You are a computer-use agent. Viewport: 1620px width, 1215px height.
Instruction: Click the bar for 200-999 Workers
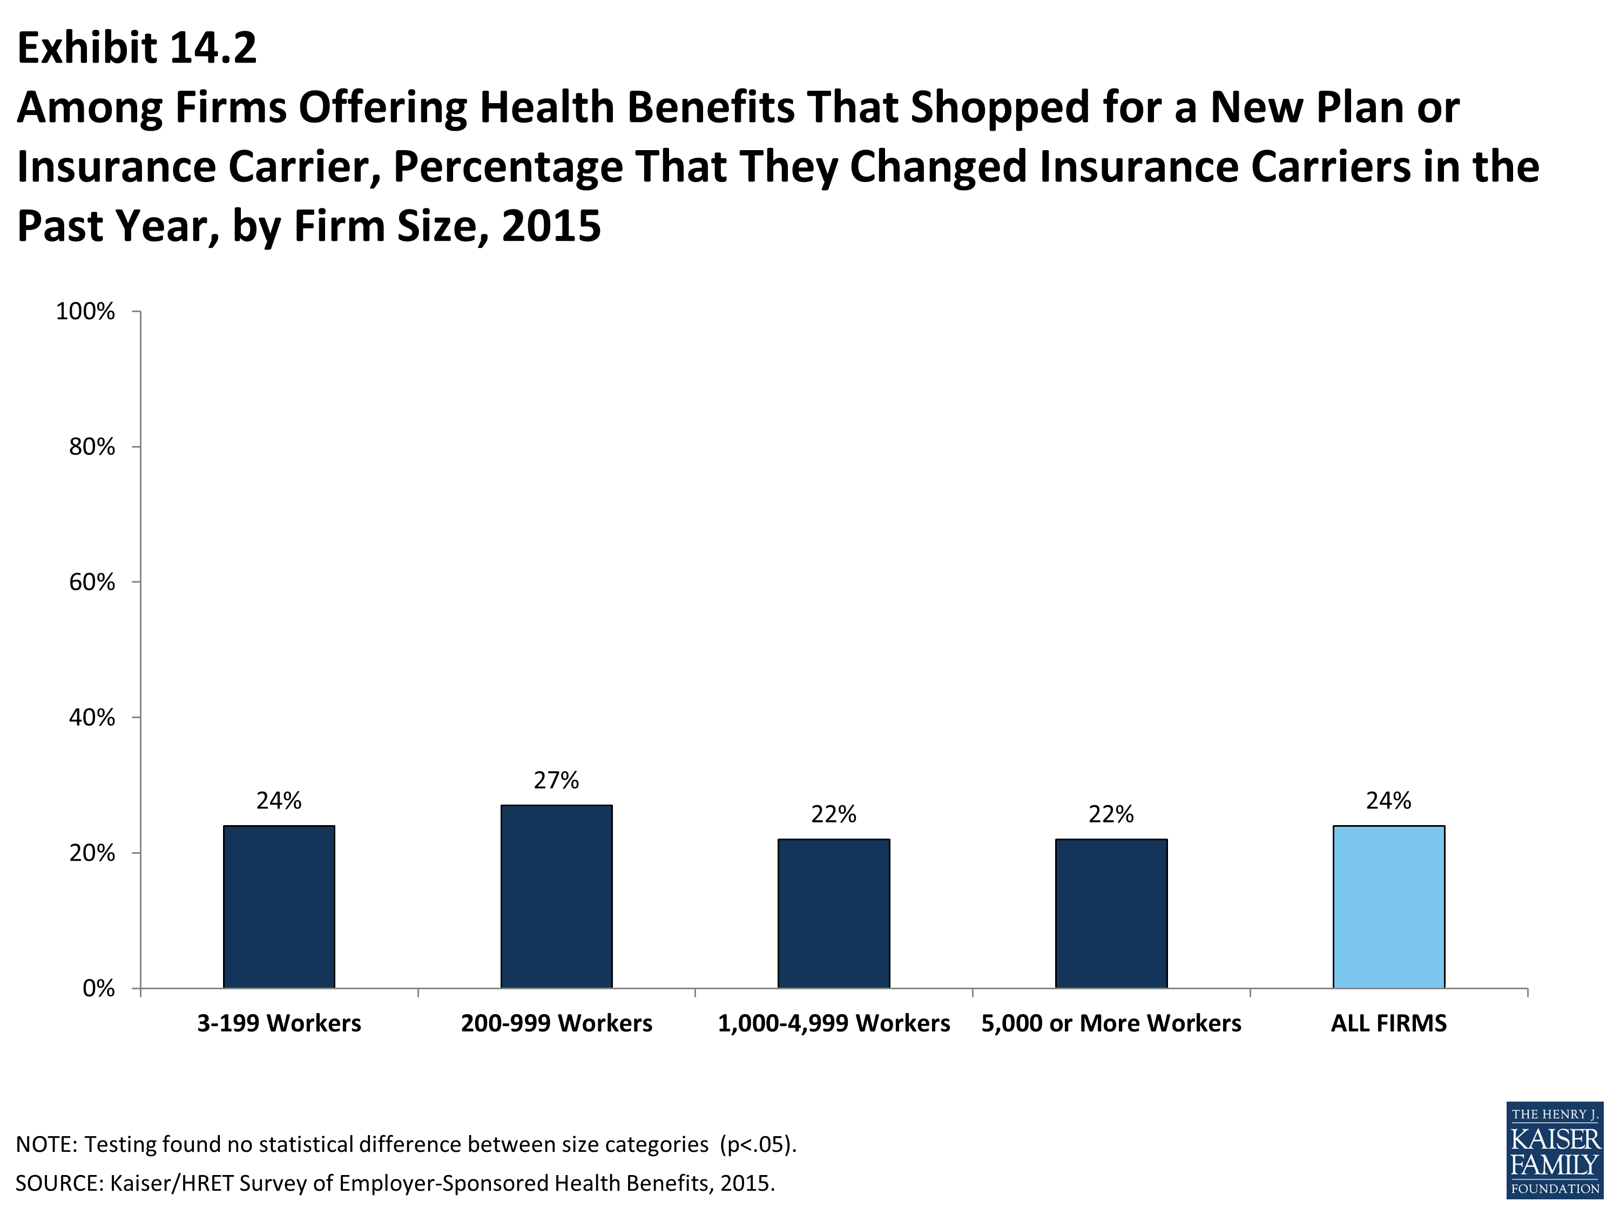coord(557,896)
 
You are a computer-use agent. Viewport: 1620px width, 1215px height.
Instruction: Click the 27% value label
coord(557,781)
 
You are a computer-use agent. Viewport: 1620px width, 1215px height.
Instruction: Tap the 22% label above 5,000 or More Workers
coord(1111,814)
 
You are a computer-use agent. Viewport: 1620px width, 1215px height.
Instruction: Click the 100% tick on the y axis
coord(86,311)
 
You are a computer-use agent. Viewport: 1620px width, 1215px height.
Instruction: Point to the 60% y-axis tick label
coord(92,582)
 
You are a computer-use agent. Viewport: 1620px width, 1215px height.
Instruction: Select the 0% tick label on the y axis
coord(99,989)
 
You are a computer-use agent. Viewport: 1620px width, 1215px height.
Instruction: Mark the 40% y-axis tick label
coord(92,718)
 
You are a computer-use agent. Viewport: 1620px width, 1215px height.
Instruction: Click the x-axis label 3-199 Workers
coord(279,1023)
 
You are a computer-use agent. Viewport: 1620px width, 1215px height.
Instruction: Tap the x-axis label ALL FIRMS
coord(1388,1023)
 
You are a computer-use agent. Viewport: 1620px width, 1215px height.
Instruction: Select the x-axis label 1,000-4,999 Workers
coord(833,1023)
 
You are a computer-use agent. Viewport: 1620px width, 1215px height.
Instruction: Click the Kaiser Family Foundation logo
coord(1554,1150)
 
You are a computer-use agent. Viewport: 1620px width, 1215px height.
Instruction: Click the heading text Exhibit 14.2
coord(137,49)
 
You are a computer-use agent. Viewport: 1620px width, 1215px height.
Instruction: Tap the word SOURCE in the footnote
coord(58,1184)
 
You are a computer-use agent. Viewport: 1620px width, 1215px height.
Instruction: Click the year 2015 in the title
coord(551,226)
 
